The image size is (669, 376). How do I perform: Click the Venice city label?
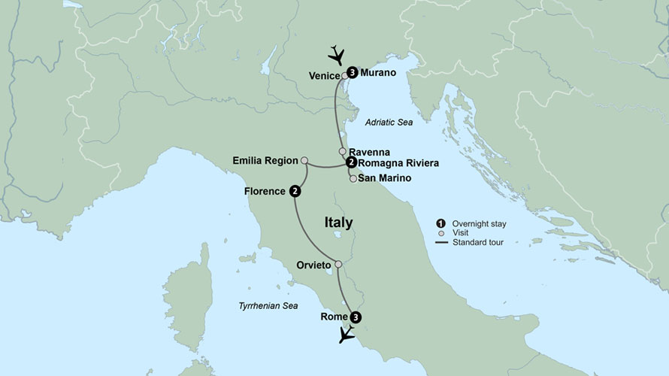(324, 75)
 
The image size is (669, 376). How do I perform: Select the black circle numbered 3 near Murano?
(352, 73)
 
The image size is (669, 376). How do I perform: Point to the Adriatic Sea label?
(389, 122)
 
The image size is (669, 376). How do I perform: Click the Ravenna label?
(368, 151)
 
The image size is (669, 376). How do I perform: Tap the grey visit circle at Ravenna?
(343, 151)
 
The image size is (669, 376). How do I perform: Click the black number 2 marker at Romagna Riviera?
(350, 162)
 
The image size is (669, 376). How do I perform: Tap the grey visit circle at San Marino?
(353, 179)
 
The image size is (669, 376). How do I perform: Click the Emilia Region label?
(265, 160)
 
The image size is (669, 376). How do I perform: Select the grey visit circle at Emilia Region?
(304, 160)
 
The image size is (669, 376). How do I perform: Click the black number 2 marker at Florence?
(295, 191)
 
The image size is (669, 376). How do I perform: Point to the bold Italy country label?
(338, 223)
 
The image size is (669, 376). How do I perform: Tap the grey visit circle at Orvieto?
(338, 264)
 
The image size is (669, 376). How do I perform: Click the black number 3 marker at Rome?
(356, 317)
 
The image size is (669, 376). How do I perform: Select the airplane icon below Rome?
(347, 335)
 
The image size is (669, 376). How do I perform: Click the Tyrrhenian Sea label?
(268, 306)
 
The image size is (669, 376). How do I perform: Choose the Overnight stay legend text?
(479, 223)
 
